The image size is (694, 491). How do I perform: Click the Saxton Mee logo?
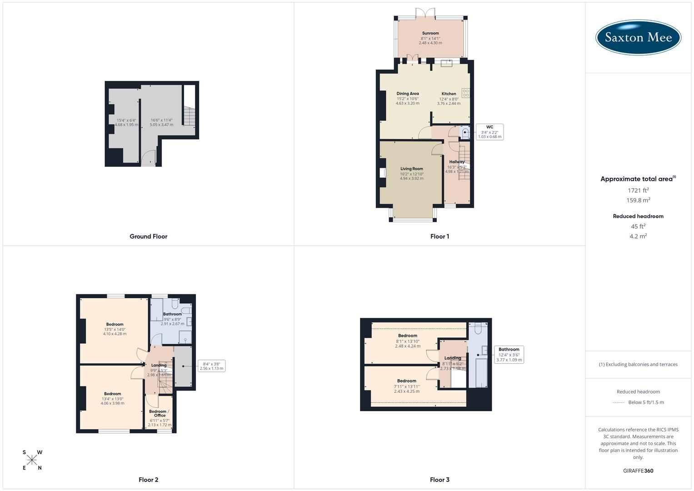(x=638, y=37)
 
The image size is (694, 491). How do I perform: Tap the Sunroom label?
(x=430, y=33)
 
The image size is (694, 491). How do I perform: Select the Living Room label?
(x=411, y=169)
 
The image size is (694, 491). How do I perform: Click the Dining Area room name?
(x=408, y=94)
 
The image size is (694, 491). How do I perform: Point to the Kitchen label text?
(x=449, y=94)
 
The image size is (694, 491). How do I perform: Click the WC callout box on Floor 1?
(x=489, y=132)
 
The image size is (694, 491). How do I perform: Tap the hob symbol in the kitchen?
(x=465, y=93)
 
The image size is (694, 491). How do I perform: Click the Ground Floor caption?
(x=149, y=236)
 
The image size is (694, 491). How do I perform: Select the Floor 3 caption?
(x=439, y=480)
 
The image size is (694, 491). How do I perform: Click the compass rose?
(x=32, y=460)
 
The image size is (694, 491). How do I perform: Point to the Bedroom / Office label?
(x=160, y=413)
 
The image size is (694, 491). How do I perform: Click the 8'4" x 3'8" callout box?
(x=211, y=366)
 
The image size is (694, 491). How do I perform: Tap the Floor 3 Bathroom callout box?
(x=509, y=355)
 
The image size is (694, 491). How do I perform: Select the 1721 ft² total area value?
(x=638, y=190)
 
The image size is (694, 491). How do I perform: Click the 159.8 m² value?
(x=638, y=200)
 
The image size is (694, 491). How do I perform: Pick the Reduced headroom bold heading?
(x=638, y=216)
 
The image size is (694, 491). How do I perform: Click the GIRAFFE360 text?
(x=638, y=471)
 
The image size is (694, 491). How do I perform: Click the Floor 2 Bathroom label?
(x=172, y=314)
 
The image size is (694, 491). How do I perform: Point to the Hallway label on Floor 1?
(x=457, y=162)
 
